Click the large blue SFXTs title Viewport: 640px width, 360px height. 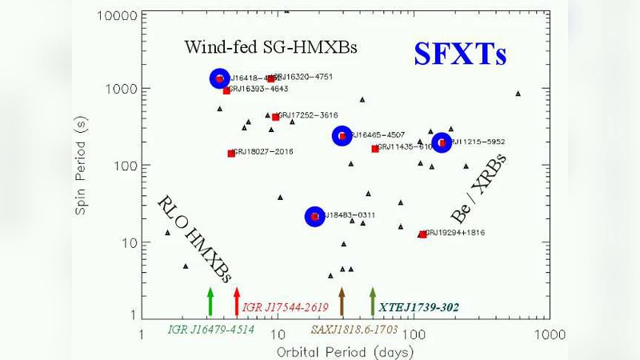click(460, 54)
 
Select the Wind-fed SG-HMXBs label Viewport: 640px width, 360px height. click(270, 47)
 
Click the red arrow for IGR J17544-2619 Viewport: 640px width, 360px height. click(237, 302)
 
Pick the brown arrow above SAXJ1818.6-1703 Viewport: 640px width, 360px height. click(342, 302)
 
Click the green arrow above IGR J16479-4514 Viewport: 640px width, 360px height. click(210, 302)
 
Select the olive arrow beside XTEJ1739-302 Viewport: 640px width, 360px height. click(372, 302)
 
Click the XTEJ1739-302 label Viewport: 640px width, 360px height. click(419, 306)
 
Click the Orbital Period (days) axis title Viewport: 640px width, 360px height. click(345, 351)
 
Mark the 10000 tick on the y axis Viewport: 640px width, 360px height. click(120, 15)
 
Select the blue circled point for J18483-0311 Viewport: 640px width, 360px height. click(315, 216)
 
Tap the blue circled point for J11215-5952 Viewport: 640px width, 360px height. click(442, 143)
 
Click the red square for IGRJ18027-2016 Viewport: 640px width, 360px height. click(231, 153)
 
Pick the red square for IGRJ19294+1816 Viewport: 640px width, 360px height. click(422, 234)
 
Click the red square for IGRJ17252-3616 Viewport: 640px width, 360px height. click(275, 117)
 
